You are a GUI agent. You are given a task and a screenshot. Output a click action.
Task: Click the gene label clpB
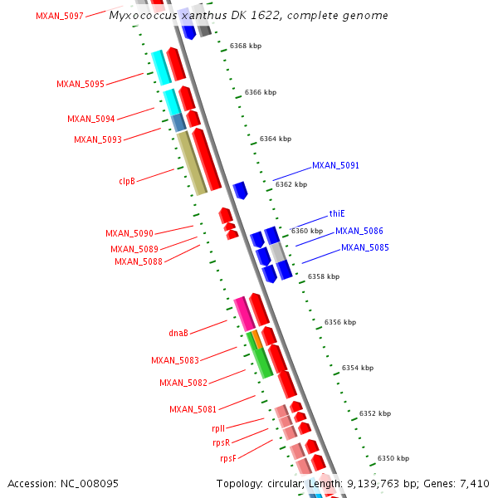pyautogui.click(x=127, y=180)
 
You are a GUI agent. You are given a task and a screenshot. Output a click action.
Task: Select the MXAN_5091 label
pyautogui.click(x=335, y=166)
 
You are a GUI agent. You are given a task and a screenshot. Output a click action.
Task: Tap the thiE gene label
pyautogui.click(x=336, y=213)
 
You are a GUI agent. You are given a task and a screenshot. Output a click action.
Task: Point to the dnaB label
pyautogui.click(x=178, y=333)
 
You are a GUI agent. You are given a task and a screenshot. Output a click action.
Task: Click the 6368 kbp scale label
pyautogui.click(x=245, y=46)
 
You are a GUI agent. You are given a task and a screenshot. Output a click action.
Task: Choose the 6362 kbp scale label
pyautogui.click(x=290, y=184)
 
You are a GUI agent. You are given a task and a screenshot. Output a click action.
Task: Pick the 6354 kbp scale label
pyautogui.click(x=357, y=368)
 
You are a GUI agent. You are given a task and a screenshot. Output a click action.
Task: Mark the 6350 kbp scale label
pyautogui.click(x=393, y=458)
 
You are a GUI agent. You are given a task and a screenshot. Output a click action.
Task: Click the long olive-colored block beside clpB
pyautogui.click(x=191, y=163)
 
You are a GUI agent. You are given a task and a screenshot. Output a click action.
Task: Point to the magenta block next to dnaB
pyautogui.click(x=243, y=313)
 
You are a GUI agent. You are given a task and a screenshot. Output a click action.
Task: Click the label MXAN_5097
pyautogui.click(x=59, y=16)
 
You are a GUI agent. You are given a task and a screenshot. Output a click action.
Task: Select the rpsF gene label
pyautogui.click(x=227, y=458)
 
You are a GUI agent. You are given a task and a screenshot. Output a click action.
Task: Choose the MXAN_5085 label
pyautogui.click(x=364, y=247)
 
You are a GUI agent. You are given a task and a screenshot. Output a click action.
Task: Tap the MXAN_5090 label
pyautogui.click(x=129, y=234)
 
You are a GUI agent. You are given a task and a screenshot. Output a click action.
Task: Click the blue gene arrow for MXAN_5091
pyautogui.click(x=240, y=190)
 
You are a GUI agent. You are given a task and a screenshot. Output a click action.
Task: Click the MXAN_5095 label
pyautogui.click(x=81, y=85)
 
